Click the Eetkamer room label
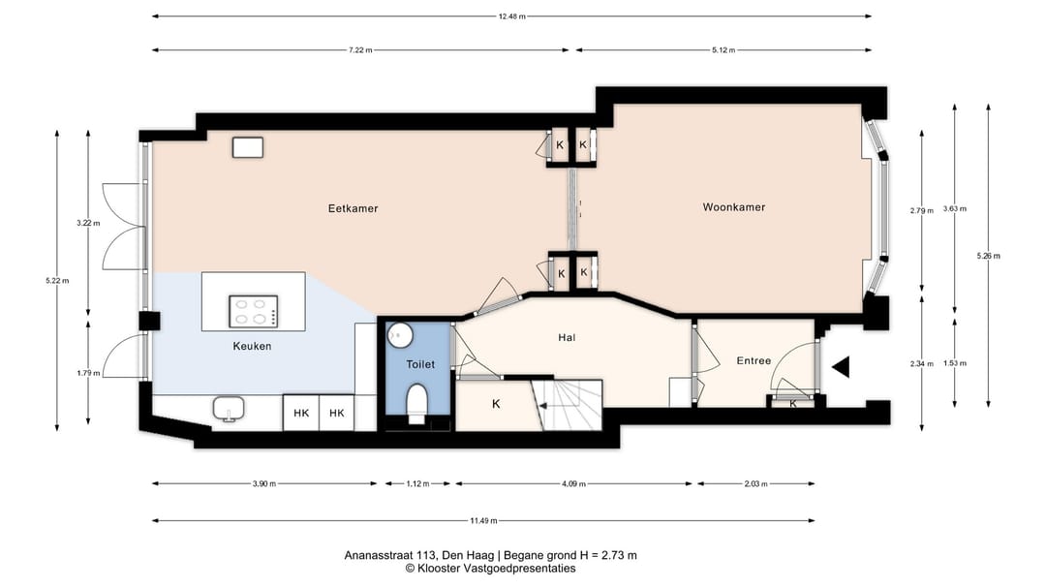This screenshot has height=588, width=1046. click(x=353, y=208)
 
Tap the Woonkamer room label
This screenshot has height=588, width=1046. click(x=734, y=207)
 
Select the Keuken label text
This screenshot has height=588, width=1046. click(x=252, y=346)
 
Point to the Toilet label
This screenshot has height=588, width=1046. click(x=420, y=364)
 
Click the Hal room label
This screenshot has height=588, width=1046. click(x=567, y=338)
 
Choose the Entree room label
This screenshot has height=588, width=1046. click(x=754, y=360)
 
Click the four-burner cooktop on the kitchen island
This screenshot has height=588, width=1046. click(x=254, y=311)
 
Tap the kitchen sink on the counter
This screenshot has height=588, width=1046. click(x=229, y=409)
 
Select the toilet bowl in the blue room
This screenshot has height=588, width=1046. click(x=416, y=404)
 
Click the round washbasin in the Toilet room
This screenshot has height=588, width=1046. click(x=400, y=334)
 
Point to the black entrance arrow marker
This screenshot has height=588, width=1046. click(x=841, y=367)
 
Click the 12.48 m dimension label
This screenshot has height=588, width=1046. click(x=511, y=16)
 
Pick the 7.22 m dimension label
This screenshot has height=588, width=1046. click(x=360, y=50)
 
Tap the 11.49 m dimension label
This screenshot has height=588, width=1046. click(x=483, y=520)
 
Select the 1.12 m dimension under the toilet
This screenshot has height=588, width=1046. click(x=417, y=484)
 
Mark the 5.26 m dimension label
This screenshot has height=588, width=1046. click(x=988, y=256)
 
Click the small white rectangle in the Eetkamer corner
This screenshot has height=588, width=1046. click(x=248, y=147)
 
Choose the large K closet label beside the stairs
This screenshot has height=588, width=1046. click(x=496, y=404)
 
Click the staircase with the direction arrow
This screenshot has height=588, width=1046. click(x=570, y=405)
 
